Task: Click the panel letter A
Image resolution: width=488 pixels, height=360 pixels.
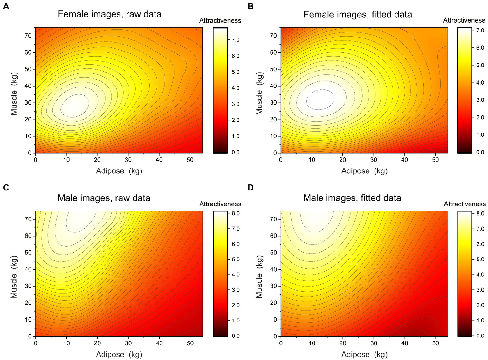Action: (x=6, y=6)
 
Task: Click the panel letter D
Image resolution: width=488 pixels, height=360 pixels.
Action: (x=251, y=188)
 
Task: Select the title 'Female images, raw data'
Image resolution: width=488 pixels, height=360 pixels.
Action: (x=109, y=14)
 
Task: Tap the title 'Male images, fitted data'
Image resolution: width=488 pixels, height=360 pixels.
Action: (x=352, y=198)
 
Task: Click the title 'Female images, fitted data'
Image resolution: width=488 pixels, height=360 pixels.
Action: (x=357, y=15)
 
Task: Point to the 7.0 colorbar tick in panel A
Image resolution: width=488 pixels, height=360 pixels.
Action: (x=235, y=40)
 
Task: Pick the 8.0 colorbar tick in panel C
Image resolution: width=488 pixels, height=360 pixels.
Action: (x=235, y=213)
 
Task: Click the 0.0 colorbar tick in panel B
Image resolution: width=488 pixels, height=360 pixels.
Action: (x=480, y=152)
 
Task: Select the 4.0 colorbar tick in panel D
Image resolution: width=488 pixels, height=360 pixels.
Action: (x=480, y=274)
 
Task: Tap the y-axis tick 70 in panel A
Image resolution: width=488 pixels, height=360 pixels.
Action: (x=28, y=36)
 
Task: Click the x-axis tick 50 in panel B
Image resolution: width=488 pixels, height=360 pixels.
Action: (x=435, y=160)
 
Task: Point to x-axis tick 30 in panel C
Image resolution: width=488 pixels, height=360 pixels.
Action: (x=128, y=343)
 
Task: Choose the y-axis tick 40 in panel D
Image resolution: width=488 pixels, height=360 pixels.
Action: (x=273, y=269)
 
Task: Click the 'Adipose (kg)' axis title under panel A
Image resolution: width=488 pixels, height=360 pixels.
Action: (x=119, y=171)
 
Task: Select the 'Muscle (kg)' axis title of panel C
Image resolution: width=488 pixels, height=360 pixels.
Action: (x=14, y=277)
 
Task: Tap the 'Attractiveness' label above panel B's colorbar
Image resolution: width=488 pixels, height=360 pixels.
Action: (x=464, y=20)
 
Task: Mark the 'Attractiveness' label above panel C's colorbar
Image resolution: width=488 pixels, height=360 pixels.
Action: (x=220, y=204)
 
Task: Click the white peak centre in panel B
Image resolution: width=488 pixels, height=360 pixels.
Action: (x=320, y=99)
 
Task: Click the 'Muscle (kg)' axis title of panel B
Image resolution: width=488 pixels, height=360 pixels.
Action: (x=259, y=93)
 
